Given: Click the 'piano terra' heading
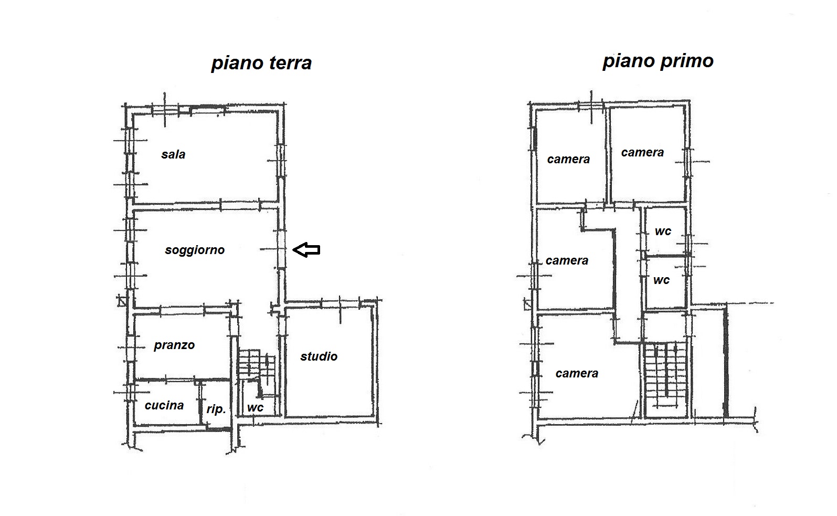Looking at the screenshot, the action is [261, 63].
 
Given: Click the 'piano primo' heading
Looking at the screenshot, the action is [658, 61].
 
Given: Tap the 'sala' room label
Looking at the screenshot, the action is [173, 154].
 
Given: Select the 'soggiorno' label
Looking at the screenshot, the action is [195, 250].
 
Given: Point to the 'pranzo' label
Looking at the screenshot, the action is [174, 345].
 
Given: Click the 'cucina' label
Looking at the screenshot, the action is [164, 405].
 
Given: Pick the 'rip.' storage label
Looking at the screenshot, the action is [216, 409].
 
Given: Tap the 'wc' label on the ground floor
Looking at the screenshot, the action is [255, 408].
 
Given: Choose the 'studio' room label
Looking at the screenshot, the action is [319, 356].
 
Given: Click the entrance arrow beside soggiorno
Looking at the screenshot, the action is [306, 249].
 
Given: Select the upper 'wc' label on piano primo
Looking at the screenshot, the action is [663, 231].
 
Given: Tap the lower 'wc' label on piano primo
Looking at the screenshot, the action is [661, 280].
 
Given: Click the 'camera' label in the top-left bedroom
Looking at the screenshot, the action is [568, 160].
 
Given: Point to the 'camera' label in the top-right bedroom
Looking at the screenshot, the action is [642, 152].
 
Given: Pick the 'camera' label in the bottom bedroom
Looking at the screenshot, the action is [577, 373].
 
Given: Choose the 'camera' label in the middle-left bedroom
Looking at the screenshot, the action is [567, 260].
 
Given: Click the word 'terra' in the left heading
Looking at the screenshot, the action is [290, 63].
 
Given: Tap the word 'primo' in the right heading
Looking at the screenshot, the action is [687, 61].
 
